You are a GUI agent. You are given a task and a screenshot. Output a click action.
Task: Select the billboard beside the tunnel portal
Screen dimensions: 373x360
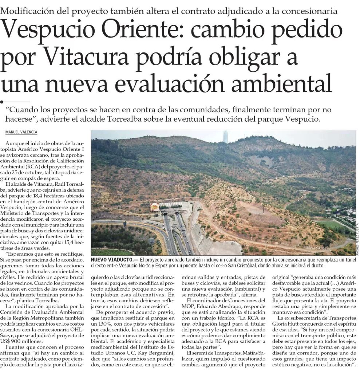pos(154,207)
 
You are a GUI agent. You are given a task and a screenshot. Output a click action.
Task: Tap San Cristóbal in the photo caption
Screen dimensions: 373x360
pos(265,266)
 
